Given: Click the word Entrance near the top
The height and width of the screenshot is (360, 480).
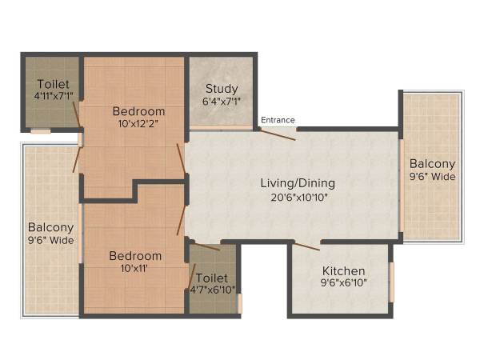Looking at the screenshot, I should [278, 120].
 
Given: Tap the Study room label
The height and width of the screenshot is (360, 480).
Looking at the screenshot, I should [222, 89].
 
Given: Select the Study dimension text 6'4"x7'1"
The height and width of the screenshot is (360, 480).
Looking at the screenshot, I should [222, 101].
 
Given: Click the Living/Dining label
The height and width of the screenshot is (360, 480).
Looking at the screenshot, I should [294, 183].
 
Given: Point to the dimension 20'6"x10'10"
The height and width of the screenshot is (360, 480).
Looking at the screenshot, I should [294, 196].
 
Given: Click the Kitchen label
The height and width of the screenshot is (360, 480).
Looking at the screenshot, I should [343, 271].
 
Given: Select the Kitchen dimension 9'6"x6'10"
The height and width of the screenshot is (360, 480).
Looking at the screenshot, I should [343, 282].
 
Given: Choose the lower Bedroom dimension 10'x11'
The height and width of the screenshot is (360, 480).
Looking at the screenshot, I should [135, 269].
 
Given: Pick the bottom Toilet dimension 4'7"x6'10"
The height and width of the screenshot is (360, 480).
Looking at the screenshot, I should [213, 289].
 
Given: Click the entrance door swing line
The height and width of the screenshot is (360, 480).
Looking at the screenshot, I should [277, 134].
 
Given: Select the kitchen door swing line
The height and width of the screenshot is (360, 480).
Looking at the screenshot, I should [306, 245].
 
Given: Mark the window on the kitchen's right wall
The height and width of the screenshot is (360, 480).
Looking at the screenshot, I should [392, 281].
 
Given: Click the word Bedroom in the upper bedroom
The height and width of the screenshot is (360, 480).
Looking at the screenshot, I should [138, 111].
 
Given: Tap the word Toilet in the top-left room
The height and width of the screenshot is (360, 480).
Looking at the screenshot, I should [53, 84].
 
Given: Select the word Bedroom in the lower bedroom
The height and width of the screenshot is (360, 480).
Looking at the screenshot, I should [135, 256].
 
